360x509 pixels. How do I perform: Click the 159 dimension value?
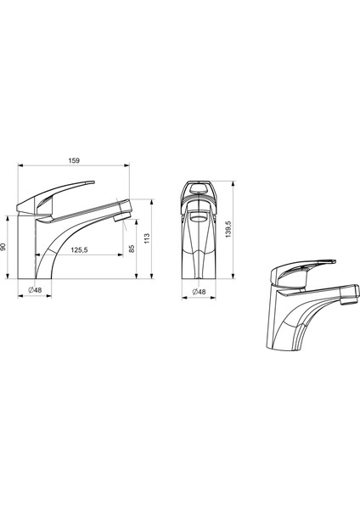(74, 160)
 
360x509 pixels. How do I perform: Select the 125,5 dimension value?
(79, 250)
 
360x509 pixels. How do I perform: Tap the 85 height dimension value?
(132, 249)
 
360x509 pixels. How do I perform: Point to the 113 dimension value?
(147, 238)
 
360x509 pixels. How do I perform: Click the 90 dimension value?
(3, 247)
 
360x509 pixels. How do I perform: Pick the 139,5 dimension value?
(228, 229)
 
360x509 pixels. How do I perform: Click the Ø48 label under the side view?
(35, 290)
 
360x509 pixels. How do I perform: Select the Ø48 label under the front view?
(199, 292)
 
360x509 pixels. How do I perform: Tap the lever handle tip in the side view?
(93, 182)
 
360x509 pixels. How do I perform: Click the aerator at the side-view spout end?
(122, 216)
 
